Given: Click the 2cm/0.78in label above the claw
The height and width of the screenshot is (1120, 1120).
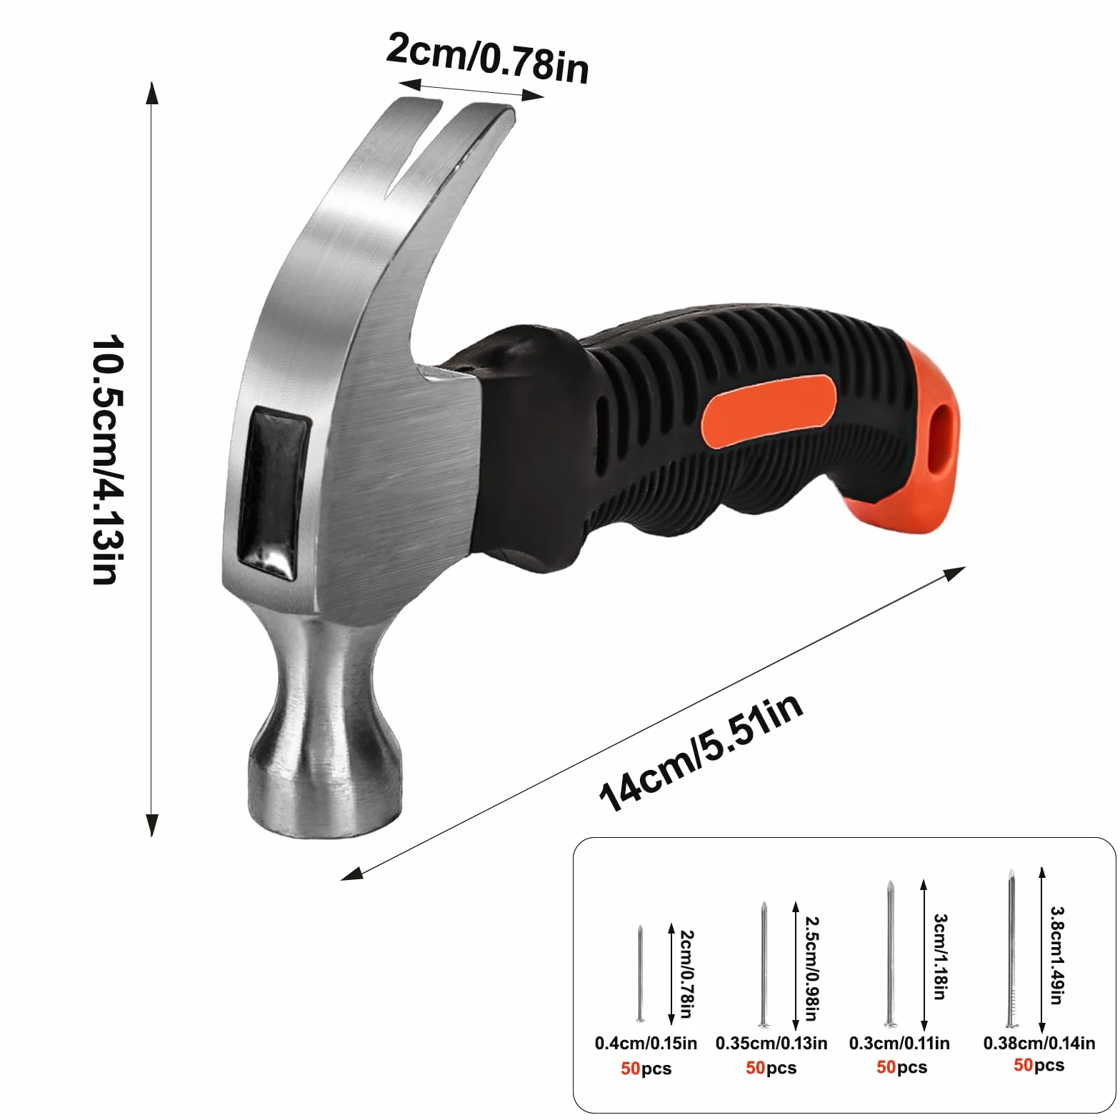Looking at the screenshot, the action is [x=489, y=59].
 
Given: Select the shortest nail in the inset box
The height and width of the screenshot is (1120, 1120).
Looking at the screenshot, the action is [x=640, y=973].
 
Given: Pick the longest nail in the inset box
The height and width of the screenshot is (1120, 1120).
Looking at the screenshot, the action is [x=1011, y=948].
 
